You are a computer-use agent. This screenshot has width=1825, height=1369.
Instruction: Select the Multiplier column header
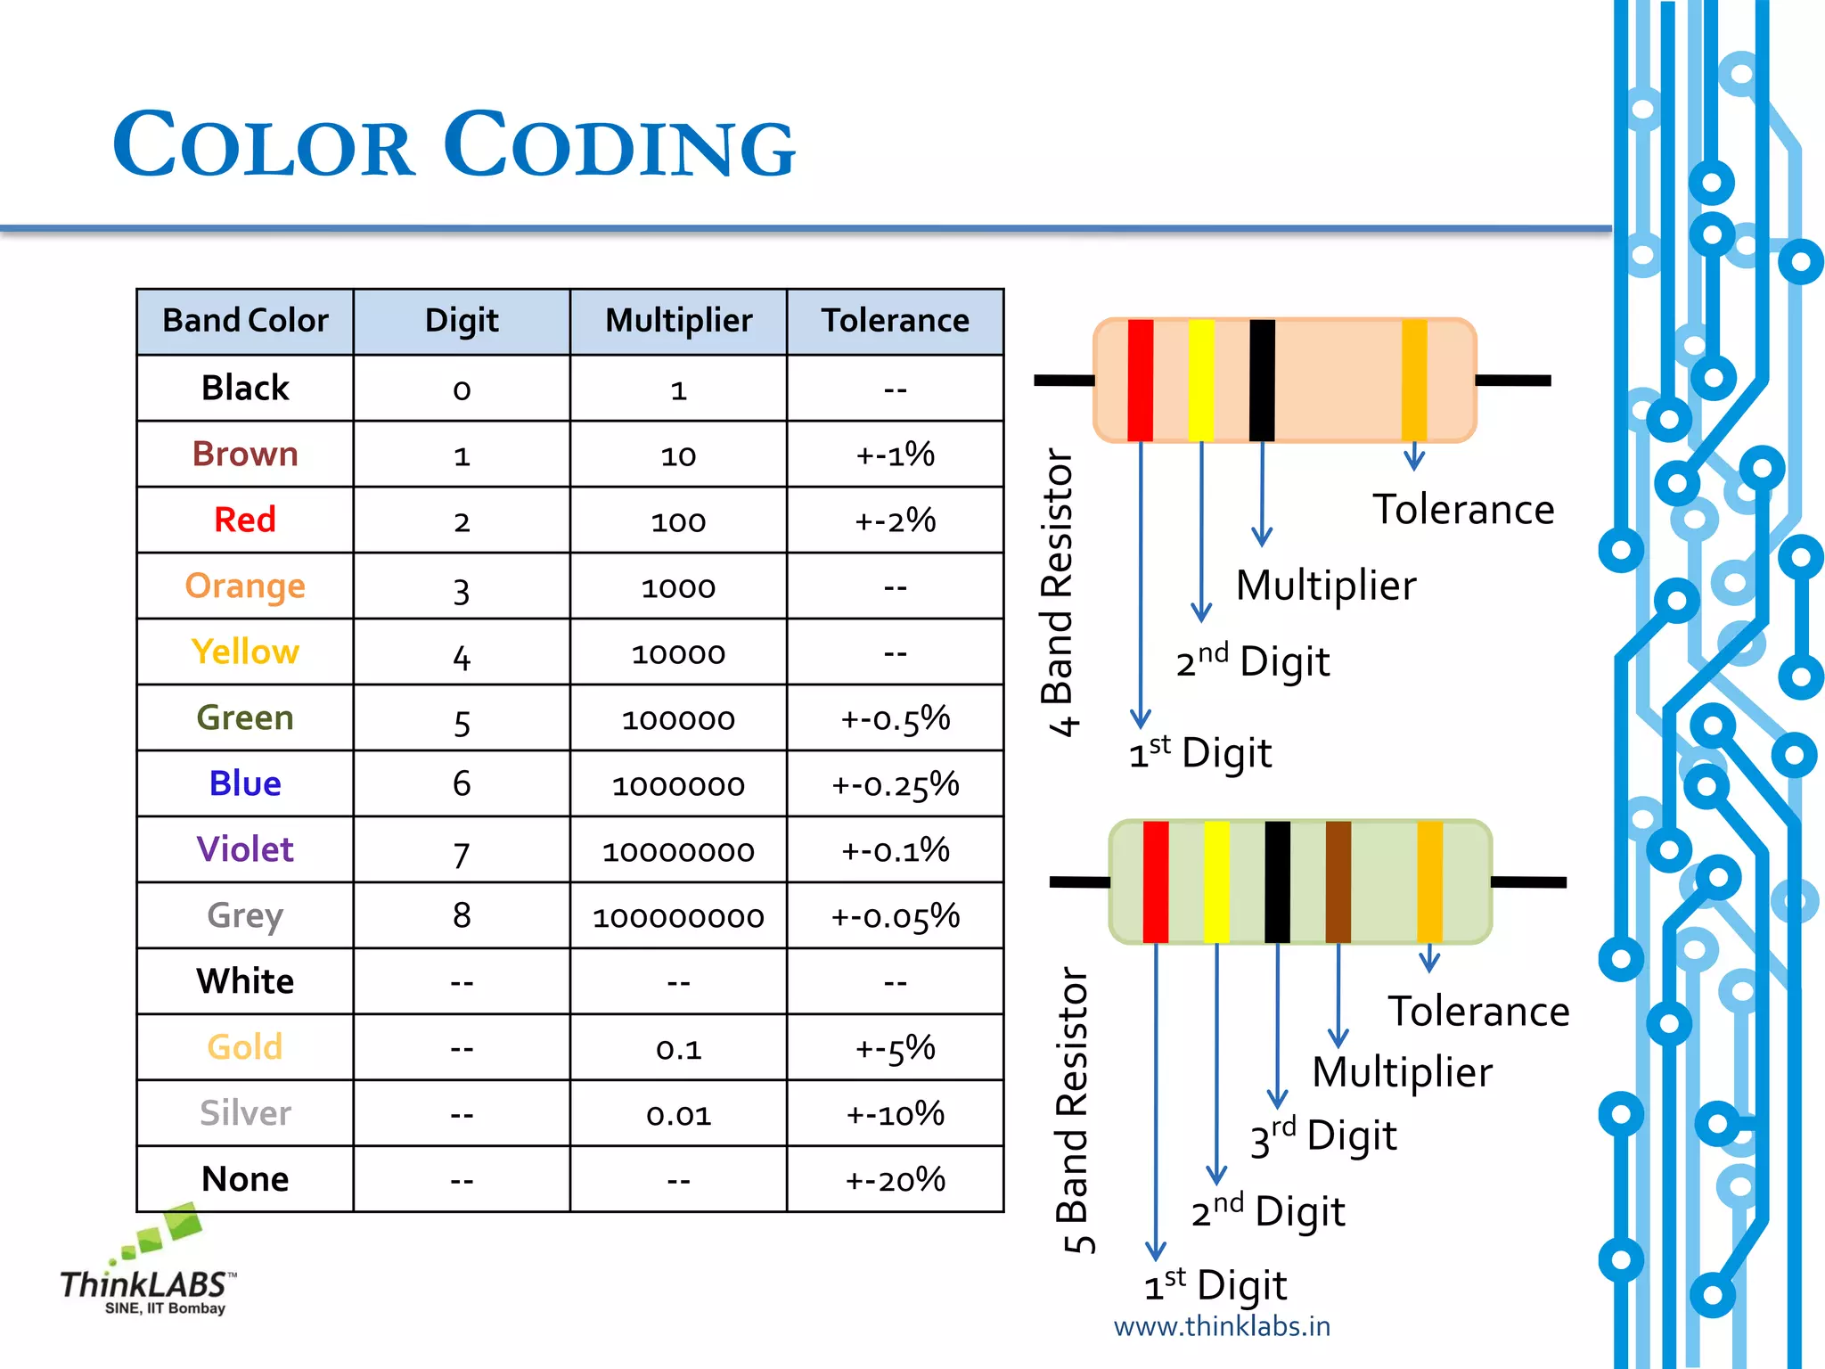point(678,321)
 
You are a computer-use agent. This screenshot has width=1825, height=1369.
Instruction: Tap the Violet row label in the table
point(245,849)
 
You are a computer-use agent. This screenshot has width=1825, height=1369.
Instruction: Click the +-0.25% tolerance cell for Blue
point(895,784)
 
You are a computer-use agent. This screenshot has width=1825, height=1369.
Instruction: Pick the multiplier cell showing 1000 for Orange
point(678,587)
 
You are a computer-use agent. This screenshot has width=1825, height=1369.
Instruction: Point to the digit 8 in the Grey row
point(462,915)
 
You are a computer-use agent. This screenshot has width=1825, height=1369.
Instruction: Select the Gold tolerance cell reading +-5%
point(895,1047)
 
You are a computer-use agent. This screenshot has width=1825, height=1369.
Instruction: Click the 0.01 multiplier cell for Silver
point(678,1114)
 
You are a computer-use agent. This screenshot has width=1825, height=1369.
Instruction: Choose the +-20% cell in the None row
point(895,1180)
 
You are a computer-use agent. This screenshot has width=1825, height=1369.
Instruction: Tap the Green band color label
point(245,718)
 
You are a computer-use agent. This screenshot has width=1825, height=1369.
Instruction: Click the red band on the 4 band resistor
point(1141,380)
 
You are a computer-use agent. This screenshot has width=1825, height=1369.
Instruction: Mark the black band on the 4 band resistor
point(1262,380)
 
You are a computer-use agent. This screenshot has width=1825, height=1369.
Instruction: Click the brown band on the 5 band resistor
point(1338,881)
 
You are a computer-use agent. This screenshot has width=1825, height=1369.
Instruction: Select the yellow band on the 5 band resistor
point(1216,881)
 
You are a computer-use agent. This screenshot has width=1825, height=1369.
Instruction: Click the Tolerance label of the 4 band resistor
point(1463,510)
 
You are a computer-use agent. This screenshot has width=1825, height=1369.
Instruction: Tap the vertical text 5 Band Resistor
point(1076,1110)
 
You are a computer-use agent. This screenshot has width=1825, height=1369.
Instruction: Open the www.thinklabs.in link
point(1222,1326)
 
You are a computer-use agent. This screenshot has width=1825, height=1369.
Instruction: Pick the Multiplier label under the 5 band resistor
point(1402,1072)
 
